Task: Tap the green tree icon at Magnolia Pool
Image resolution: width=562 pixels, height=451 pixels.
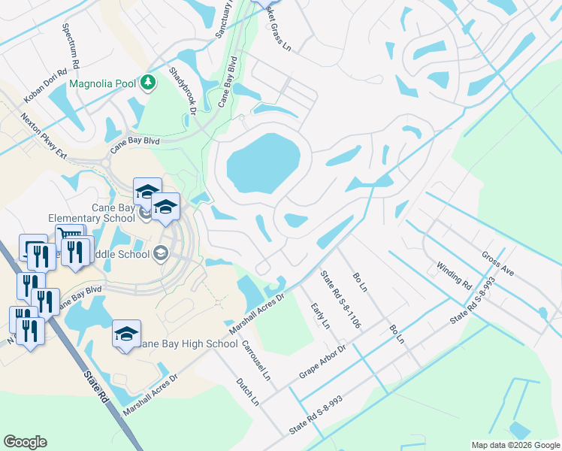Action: [x=149, y=82]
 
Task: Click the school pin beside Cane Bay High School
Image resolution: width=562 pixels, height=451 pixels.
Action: [x=127, y=335]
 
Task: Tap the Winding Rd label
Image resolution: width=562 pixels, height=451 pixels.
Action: [x=453, y=276]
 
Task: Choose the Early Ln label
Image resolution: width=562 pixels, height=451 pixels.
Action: [x=320, y=316]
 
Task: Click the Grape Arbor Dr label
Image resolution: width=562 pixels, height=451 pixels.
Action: [x=322, y=362]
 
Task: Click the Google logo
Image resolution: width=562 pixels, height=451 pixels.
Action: [x=25, y=442]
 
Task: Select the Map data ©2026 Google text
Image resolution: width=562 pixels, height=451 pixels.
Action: [x=515, y=445]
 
